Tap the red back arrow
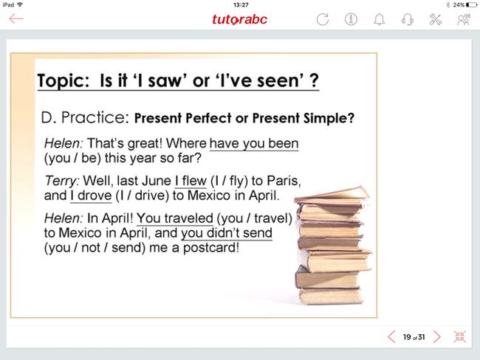click(16, 18)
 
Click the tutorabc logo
click(239, 19)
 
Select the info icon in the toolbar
click(351, 19)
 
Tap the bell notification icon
click(380, 19)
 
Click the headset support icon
click(408, 19)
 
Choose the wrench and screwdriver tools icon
click(435, 19)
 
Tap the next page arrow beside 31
click(437, 337)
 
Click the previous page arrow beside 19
click(391, 337)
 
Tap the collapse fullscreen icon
click(460, 336)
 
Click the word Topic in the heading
click(63, 81)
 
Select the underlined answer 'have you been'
click(254, 143)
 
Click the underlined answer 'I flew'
click(191, 181)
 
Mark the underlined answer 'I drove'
click(91, 195)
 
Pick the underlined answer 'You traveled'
click(175, 218)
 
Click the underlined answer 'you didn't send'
click(227, 233)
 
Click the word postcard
click(211, 248)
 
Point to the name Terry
click(61, 181)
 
